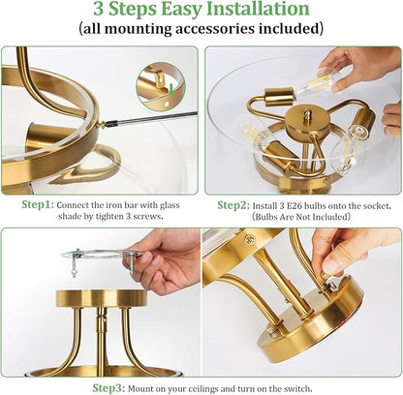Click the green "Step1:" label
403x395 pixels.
(x=38, y=204)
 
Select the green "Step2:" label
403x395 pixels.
(x=233, y=205)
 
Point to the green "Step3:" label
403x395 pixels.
(x=108, y=387)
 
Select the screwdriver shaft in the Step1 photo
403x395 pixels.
(x=152, y=118)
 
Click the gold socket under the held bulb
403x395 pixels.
(x=279, y=97)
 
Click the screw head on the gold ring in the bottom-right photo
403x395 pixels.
(x=249, y=240)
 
